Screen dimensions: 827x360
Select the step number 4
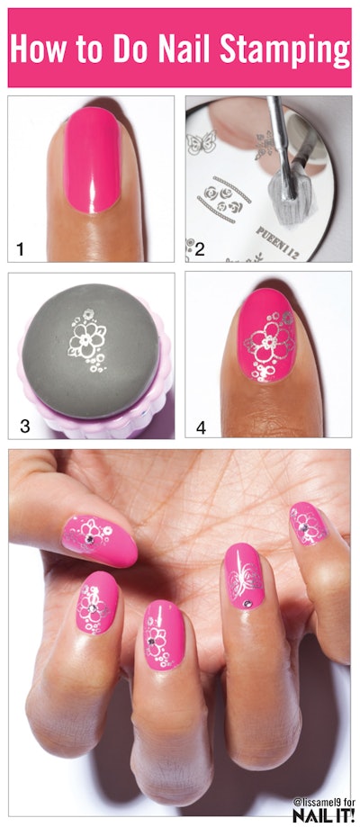click(x=201, y=427)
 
